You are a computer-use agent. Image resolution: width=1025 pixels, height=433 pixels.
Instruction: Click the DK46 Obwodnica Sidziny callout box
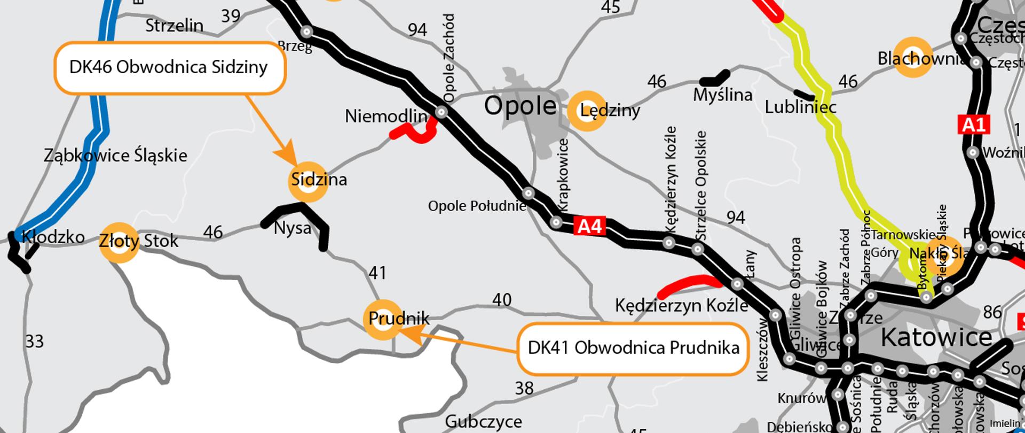coord(169,68)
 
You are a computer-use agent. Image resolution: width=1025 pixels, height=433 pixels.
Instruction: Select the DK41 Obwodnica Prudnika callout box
coord(633,348)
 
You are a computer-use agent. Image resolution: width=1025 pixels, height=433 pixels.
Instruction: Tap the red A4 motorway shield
coord(590,226)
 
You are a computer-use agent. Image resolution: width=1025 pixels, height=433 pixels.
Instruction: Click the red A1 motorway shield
coord(974,125)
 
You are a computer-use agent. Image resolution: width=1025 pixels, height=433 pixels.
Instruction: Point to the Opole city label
coord(520,106)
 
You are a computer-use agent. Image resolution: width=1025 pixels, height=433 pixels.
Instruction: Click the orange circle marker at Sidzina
coord(307,181)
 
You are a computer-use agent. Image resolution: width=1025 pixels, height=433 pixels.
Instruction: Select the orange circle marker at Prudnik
coord(383,320)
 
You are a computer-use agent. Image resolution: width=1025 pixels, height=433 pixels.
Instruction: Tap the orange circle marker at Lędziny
coord(587,111)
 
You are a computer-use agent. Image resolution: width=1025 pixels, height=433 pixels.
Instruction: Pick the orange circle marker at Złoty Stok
coord(120,242)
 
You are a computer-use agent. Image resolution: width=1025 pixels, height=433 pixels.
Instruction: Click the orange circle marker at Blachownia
coord(913,57)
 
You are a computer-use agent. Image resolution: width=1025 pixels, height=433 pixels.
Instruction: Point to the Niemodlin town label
coord(386,116)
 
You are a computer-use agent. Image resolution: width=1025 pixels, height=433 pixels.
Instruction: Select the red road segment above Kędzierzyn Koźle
coord(689,285)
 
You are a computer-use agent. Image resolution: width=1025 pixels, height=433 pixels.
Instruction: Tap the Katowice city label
coord(936,337)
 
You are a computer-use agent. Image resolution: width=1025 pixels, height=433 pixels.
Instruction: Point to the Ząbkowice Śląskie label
coord(115,156)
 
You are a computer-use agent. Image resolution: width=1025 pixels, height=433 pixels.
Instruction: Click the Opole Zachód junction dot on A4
coord(441,112)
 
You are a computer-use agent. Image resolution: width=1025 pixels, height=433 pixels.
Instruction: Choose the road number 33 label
coord(35,341)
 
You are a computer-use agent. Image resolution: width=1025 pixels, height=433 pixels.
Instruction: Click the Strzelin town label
coord(174,25)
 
